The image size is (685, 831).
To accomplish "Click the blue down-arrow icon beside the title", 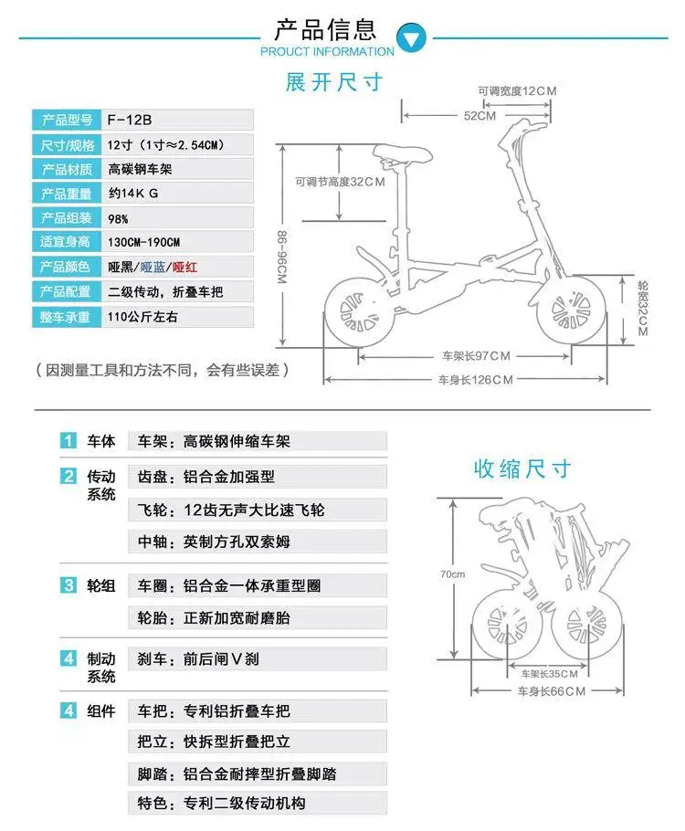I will point(415,38).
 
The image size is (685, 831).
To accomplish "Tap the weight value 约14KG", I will point(133,194).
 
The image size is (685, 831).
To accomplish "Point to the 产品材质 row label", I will point(63,169).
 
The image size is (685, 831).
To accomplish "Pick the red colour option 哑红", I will point(185,267).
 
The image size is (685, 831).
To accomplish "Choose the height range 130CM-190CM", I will point(143,242).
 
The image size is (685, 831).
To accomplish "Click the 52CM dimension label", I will point(479,116).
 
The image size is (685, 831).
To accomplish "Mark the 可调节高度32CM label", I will point(340,182).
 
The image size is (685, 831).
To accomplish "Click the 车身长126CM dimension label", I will point(475,379).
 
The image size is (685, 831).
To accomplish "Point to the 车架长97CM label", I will point(476,355).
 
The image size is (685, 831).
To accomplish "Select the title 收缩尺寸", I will point(522,468).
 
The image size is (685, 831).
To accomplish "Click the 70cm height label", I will point(452,574).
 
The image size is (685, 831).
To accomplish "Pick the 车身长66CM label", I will point(551,691).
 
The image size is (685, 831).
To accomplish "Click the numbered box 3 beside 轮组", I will point(68,585).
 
